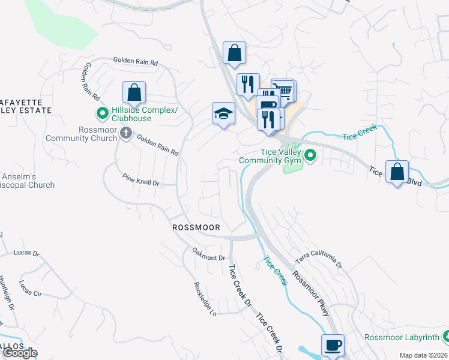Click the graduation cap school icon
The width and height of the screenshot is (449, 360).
[223, 113]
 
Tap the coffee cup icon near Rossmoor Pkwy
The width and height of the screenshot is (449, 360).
[333, 346]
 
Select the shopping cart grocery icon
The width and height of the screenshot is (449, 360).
[284, 91]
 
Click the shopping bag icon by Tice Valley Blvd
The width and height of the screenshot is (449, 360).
[397, 172]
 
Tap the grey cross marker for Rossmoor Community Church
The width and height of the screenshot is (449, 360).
[125, 133]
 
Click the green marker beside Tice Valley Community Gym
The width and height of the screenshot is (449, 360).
[310, 156]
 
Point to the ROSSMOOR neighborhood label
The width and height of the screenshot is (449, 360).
[196, 227]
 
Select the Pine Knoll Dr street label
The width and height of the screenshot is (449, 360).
[140, 180]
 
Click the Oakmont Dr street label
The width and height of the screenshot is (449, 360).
[208, 254]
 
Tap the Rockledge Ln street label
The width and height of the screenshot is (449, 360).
[205, 299]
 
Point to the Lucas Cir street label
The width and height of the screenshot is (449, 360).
[30, 287]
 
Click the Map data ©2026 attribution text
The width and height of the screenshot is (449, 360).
[423, 355]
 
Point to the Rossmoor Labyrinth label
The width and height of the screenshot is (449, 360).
[402, 337]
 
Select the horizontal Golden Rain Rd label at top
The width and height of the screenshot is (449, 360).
[135, 62]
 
